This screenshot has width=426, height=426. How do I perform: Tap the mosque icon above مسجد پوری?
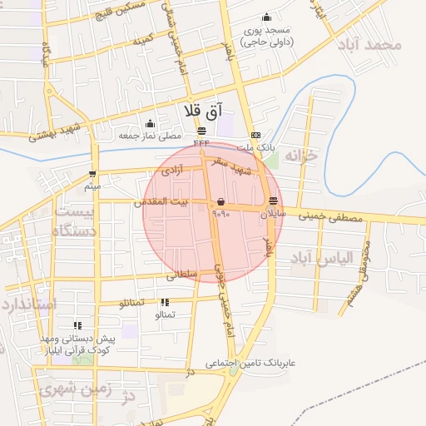[266, 17]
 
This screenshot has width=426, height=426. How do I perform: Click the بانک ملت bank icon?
[255, 135]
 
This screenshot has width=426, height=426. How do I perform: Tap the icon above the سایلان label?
[274, 201]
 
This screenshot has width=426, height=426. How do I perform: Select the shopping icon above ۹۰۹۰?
[220, 201]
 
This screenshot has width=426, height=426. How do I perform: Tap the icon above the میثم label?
[92, 175]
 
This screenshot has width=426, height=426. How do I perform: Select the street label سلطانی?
[182, 274]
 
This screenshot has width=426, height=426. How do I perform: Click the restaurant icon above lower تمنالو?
[165, 302]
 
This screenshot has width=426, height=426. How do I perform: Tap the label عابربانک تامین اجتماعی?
[250, 364]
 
